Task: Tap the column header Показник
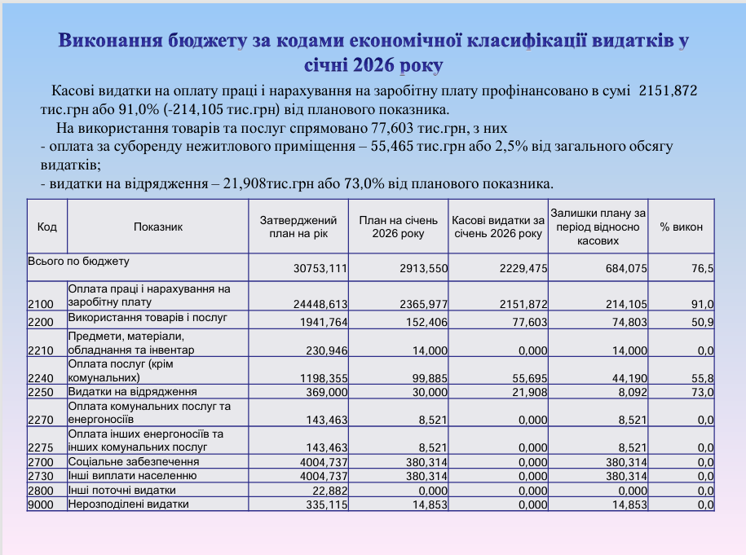[x=158, y=227]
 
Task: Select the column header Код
[x=47, y=227]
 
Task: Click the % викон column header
[x=681, y=227]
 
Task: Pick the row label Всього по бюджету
[x=79, y=262]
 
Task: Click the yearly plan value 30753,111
[x=320, y=269]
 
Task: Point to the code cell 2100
[x=41, y=304]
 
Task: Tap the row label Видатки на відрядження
[x=133, y=391]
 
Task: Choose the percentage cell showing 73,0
[x=704, y=392]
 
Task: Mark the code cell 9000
[x=41, y=504]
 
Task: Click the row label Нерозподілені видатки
[x=129, y=504]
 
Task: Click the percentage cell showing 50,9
[x=704, y=322]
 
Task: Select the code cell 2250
[x=41, y=392]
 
